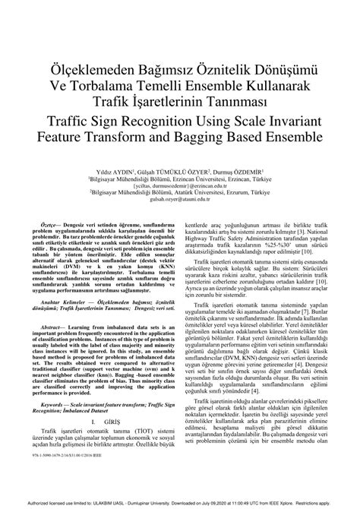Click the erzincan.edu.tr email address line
coord(179,185)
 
